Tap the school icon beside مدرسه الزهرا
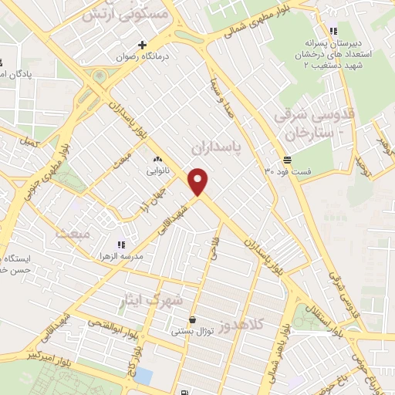[121, 244]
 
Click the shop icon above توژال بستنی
[191, 319]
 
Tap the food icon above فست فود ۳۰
[287, 160]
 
